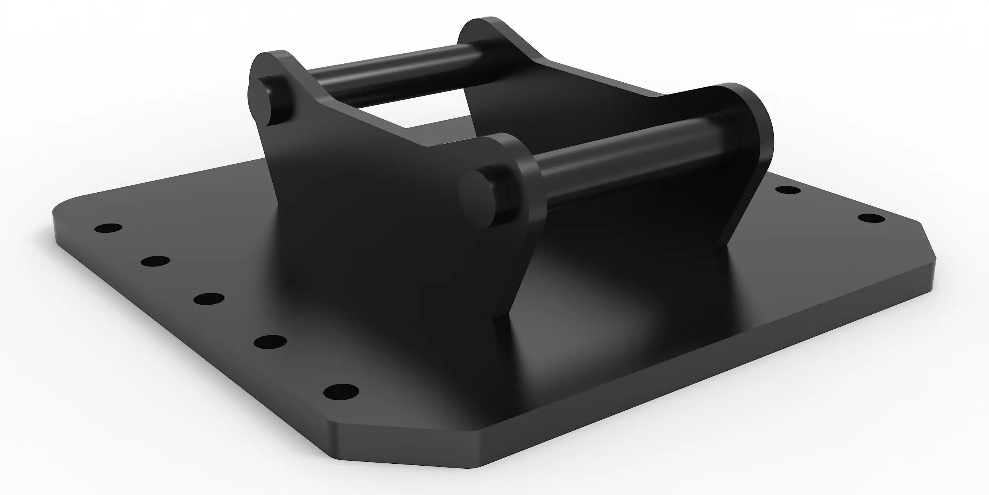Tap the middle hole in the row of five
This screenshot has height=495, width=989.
tap(209, 299)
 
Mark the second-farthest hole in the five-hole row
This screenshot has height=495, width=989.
tap(155, 261)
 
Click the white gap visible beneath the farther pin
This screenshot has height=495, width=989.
tap(406, 116)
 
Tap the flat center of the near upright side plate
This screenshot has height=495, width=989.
tap(386, 232)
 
